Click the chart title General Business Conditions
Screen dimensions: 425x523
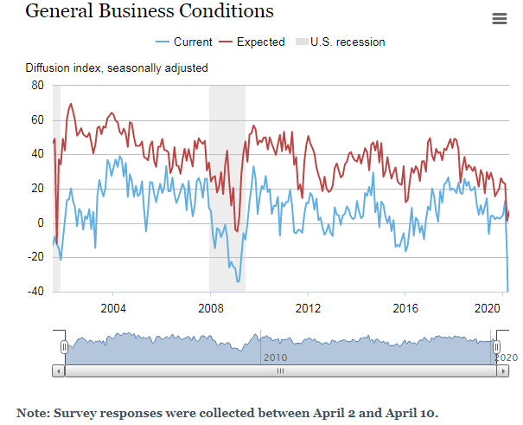pos(149,11)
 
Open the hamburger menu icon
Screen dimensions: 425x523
pos(499,19)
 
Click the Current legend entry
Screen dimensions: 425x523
pos(185,42)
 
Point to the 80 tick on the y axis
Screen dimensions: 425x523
pos(37,85)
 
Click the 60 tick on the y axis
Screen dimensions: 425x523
pos(37,119)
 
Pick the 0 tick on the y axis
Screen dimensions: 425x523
pos(40,222)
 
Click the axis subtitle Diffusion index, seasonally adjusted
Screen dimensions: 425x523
pos(116,68)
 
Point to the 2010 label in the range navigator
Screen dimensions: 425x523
pos(275,357)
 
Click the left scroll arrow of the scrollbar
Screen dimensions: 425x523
pos(58,370)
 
